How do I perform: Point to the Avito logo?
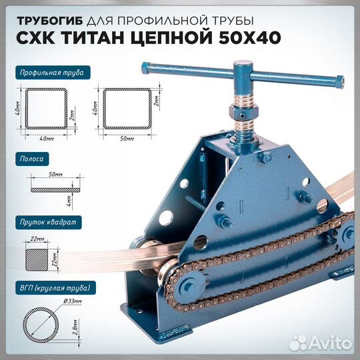(x=325, y=343)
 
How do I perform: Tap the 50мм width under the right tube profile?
(x=124, y=138)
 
